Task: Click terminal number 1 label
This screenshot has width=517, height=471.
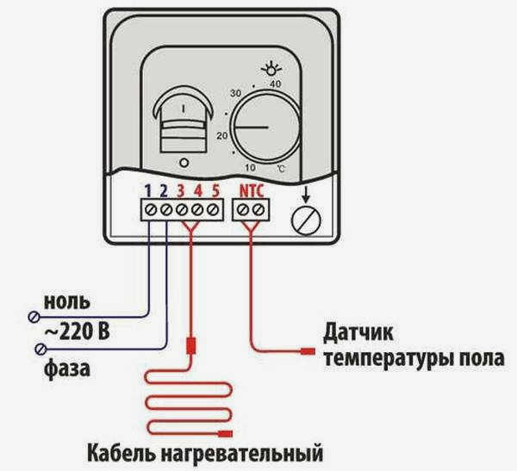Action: coord(148,190)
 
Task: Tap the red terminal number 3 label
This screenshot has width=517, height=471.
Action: coord(181,190)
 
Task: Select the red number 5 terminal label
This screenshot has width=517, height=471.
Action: coord(215,190)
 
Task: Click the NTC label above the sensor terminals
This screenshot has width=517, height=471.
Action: coord(252,191)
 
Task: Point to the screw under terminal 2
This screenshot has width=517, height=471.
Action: coord(166,209)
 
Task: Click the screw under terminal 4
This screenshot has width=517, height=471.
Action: coord(197,209)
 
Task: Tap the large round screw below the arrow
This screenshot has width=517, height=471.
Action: coord(306,220)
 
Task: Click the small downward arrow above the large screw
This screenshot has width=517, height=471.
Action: coord(306,195)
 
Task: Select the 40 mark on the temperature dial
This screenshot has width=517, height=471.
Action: coord(276,84)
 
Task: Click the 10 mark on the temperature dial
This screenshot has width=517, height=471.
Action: coord(250,167)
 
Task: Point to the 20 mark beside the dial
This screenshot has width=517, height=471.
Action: coord(222,135)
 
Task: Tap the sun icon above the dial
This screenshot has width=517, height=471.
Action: coord(271,70)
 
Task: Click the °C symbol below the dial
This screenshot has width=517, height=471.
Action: coord(281,169)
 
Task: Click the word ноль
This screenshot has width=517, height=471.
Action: coord(67,301)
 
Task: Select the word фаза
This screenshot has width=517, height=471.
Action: coord(67,369)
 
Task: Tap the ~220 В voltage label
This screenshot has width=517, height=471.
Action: coord(77,332)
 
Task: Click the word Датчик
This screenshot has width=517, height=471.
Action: coord(358,333)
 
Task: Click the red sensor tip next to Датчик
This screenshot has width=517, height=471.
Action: coord(308,351)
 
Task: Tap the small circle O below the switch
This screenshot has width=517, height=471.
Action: coord(184,163)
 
